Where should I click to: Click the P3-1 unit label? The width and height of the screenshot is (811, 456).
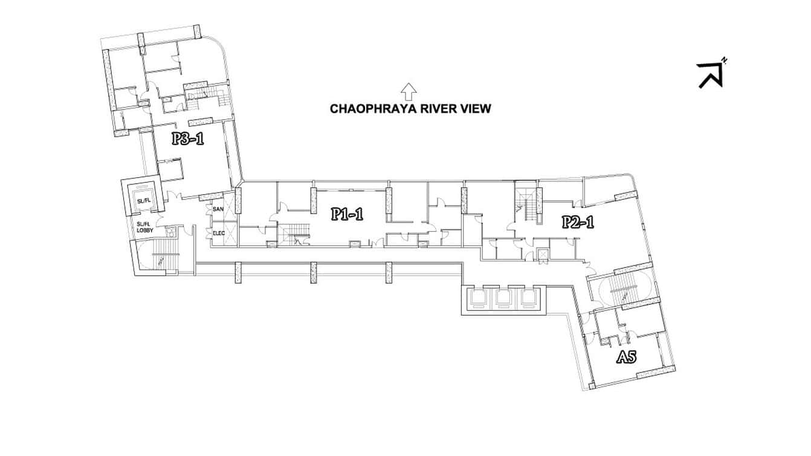click(187, 138)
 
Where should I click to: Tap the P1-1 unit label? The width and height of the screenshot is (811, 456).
click(347, 214)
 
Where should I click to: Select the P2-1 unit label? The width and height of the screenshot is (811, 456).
click(578, 222)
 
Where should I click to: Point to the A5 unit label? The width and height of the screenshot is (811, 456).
click(626, 357)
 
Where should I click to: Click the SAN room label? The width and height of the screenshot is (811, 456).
click(218, 209)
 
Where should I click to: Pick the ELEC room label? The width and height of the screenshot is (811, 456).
click(219, 233)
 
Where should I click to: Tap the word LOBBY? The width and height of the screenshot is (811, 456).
click(145, 230)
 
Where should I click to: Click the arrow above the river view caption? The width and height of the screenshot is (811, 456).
click(409, 92)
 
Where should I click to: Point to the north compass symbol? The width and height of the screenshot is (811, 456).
click(711, 74)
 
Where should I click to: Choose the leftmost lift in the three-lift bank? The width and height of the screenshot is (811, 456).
click(478, 300)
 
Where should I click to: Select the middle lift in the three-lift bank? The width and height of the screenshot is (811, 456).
click(503, 300)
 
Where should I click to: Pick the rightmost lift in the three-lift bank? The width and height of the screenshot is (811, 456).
click(528, 300)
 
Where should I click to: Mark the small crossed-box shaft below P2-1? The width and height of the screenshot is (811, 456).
click(543, 255)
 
